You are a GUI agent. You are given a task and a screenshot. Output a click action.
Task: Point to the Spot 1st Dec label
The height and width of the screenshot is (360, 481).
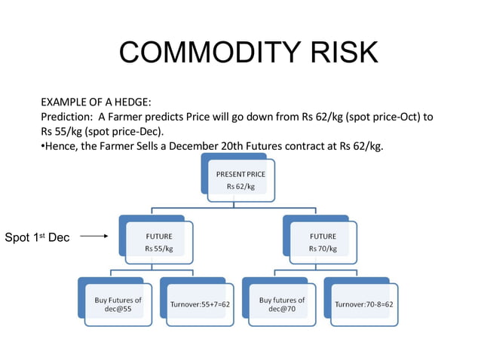37,237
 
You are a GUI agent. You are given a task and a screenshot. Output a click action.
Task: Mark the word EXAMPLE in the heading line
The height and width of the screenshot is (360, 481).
64,102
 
